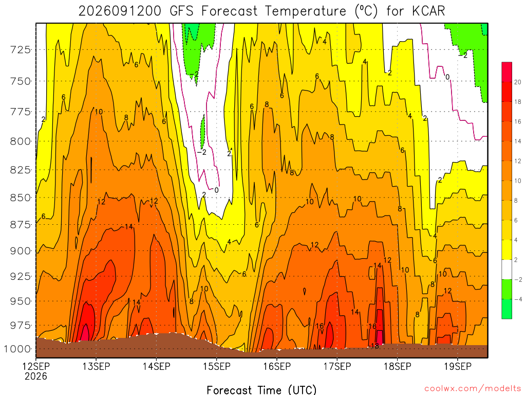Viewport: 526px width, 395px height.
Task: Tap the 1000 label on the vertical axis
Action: [18, 349]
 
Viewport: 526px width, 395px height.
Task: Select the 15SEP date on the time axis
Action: [217, 366]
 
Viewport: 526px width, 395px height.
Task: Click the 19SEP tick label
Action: [458, 366]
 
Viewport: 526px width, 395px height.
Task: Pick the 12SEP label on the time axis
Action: [36, 366]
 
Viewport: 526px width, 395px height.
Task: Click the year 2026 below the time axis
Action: [36, 376]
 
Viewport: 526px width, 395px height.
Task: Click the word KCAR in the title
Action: [428, 11]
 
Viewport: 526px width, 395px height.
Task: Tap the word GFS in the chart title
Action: [181, 11]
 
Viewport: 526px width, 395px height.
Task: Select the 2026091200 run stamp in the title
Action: [120, 11]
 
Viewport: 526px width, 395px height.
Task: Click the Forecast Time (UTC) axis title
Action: [261, 390]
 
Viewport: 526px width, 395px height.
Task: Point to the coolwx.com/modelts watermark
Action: [473, 389]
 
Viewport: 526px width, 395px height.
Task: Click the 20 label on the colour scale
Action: [518, 82]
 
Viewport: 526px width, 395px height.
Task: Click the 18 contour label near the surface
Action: [375, 346]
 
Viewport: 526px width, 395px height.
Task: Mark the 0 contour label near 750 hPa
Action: [447, 77]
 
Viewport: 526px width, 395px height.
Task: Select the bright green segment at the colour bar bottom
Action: [507, 309]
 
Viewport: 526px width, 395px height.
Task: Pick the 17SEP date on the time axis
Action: [337, 366]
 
